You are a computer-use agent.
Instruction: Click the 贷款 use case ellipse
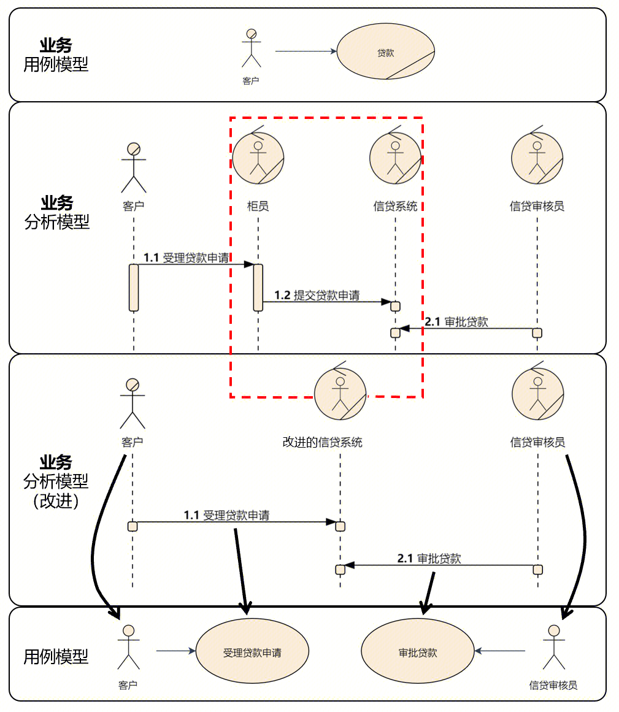[385, 53]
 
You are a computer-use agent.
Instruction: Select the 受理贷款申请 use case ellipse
[252, 651]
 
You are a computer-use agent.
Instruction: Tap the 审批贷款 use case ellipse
[418, 651]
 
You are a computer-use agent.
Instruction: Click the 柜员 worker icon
[258, 158]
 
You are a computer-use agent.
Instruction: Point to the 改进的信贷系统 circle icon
[340, 394]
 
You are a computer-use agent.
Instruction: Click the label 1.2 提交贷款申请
[317, 295]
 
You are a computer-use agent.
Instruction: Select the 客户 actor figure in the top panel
[251, 48]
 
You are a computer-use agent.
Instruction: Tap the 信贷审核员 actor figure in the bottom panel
[553, 648]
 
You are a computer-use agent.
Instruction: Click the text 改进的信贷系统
[322, 442]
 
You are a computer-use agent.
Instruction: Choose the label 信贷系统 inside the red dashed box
[395, 206]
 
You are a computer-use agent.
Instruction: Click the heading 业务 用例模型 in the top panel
[56, 55]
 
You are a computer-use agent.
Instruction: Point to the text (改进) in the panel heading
[56, 501]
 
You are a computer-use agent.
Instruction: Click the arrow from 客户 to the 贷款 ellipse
[306, 52]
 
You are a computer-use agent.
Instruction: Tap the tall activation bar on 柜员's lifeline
[258, 287]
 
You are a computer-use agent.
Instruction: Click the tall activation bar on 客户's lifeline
[133, 287]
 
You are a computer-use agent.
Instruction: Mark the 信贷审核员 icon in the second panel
[537, 158]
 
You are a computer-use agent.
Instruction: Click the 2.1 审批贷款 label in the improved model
[429, 558]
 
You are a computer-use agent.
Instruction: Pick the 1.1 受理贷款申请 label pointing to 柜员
[186, 258]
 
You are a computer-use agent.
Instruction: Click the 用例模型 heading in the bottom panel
[56, 657]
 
